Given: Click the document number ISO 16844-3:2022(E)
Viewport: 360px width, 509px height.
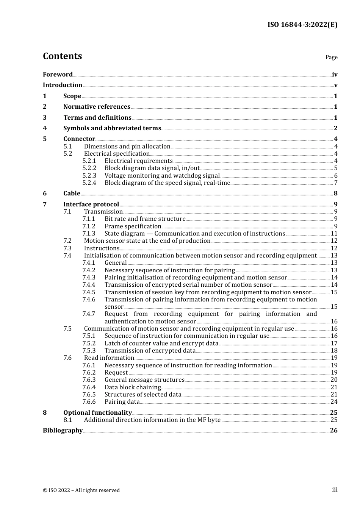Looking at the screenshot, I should pyautogui.click(x=302, y=25).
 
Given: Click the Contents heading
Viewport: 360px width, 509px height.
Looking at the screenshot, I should pyautogui.click(x=62, y=56).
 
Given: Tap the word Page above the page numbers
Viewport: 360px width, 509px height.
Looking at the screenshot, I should pyautogui.click(x=331, y=57).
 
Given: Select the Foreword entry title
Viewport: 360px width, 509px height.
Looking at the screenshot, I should pyautogui.click(x=58, y=75).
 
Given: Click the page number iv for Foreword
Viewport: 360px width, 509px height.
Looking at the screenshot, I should pyautogui.click(x=335, y=75).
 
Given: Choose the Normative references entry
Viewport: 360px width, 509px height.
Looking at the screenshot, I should pyautogui.click(x=97, y=107).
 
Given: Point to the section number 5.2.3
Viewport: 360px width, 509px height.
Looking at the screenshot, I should pyautogui.click(x=89, y=176).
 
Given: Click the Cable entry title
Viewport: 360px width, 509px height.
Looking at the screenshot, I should pyautogui.click(x=72, y=194).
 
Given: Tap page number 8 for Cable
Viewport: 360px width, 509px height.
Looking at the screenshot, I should pyautogui.click(x=335, y=194).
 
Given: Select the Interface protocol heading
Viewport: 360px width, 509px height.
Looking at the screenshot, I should pyautogui.click(x=91, y=205).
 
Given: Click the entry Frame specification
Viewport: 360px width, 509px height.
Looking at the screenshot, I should pyautogui.click(x=133, y=226).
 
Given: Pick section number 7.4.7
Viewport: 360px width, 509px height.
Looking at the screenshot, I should pyautogui.click(x=89, y=314).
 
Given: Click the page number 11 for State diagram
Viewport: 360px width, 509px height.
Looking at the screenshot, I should pyautogui.click(x=334, y=234).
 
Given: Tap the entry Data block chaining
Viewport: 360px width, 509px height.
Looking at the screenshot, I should pyautogui.click(x=133, y=387).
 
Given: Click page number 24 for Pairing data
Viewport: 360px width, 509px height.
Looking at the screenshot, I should pyautogui.click(x=334, y=402).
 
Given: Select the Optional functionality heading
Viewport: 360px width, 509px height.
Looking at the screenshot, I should pyautogui.click(x=97, y=413).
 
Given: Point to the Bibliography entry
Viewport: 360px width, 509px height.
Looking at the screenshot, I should pyautogui.click(x=63, y=431).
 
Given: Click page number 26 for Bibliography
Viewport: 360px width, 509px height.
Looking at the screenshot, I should pyautogui.click(x=333, y=431).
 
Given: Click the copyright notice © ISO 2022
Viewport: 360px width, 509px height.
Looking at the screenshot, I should pyautogui.click(x=81, y=490).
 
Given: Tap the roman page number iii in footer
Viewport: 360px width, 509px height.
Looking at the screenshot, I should pyautogui.click(x=335, y=490).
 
